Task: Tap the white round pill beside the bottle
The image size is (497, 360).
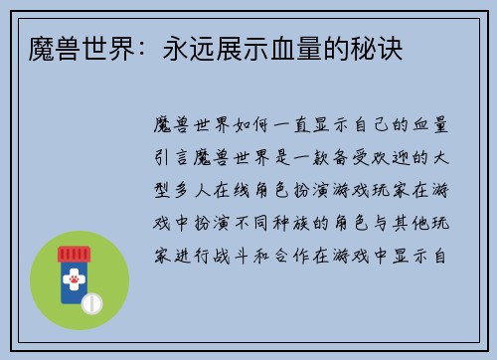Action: [92, 301]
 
